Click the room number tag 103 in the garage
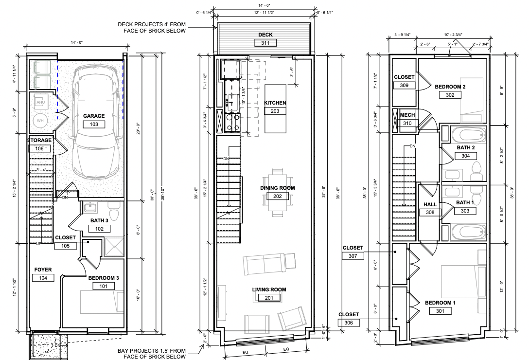click(x=94, y=124)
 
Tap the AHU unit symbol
click(x=41, y=102)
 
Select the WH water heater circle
click(x=41, y=121)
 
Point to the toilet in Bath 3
click(x=113, y=213)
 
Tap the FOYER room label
click(x=43, y=270)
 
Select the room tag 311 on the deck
click(x=265, y=43)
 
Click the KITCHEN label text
click(x=275, y=103)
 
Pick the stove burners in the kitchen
click(x=231, y=122)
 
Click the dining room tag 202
click(x=278, y=196)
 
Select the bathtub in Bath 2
click(x=468, y=134)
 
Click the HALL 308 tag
click(x=430, y=212)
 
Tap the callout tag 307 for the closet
click(x=353, y=255)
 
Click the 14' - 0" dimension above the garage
click(x=77, y=43)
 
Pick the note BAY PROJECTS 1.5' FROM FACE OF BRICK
click(x=152, y=354)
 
